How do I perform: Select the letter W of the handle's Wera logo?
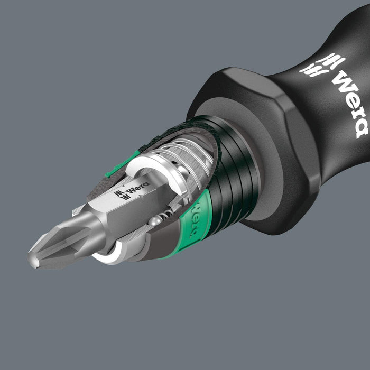(x=338, y=79)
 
